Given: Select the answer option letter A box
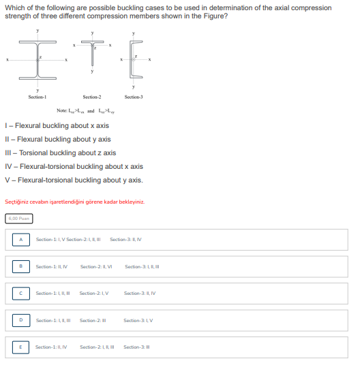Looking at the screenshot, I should [20, 239].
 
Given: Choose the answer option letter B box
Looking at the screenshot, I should [20, 266].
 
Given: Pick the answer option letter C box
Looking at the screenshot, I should [20, 293].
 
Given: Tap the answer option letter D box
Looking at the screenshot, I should [20, 319].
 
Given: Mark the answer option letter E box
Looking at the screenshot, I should [20, 347].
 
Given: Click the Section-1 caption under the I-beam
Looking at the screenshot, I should [37, 97].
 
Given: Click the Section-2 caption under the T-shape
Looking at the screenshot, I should [92, 97].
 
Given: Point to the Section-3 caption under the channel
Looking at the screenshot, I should [134, 97].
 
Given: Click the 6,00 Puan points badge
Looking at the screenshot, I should [18, 218].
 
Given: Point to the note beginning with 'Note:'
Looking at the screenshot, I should [86, 110].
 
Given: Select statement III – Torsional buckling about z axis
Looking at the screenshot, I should [60, 153].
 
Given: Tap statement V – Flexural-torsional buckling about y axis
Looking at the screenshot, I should [74, 180].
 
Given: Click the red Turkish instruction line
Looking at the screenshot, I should [74, 202].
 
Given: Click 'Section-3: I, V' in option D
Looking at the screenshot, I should [138, 320].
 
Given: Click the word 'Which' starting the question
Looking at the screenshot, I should [14, 7].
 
